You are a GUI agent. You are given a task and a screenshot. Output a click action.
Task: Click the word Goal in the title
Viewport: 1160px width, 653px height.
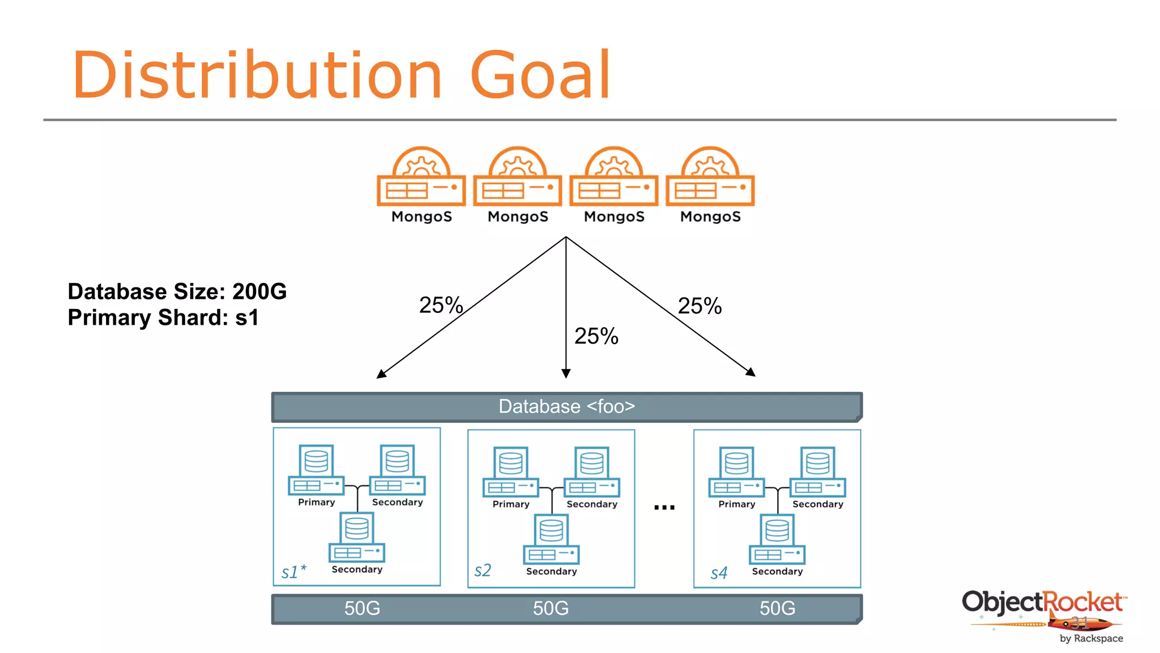pos(540,75)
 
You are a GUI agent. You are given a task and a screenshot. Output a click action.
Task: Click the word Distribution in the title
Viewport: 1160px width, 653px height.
pos(257,75)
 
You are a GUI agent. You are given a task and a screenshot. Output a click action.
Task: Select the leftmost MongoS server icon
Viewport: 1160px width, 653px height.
pos(421,177)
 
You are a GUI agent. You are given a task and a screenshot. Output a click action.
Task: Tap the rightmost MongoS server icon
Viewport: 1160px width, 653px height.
pos(710,177)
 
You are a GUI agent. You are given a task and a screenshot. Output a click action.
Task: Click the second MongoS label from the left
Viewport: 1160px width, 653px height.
pos(518,217)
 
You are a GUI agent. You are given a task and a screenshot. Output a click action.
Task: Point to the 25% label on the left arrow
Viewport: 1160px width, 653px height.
pos(441,305)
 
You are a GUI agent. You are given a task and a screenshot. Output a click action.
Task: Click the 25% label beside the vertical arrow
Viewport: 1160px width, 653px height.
pos(596,336)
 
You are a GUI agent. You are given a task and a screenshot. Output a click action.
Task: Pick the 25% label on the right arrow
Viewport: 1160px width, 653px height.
pos(700,306)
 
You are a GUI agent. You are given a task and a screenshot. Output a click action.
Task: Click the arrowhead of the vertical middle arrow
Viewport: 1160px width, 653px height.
pos(565,373)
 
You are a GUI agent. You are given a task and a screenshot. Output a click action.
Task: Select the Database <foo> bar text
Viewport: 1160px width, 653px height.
pos(566,406)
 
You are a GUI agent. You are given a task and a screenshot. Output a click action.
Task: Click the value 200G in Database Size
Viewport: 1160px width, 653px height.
pos(259,291)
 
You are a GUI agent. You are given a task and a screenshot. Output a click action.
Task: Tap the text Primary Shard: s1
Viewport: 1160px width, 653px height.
pos(163,317)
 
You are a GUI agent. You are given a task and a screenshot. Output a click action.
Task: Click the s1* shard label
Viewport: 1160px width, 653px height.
pos(293,571)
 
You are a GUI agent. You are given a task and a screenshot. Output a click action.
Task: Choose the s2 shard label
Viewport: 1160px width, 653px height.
pos(483,570)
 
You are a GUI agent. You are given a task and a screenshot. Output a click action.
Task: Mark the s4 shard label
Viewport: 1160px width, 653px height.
pos(719,573)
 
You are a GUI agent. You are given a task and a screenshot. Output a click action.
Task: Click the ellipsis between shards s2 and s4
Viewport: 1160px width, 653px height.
pos(664,507)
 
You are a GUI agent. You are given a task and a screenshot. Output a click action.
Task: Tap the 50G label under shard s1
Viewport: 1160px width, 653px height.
pos(362,608)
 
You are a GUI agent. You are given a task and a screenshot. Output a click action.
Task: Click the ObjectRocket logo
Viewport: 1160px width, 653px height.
pos(1044,612)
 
